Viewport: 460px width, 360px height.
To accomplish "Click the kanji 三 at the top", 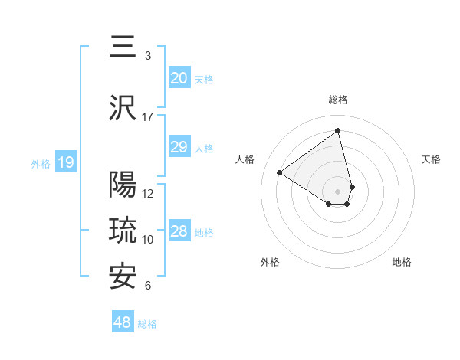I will click(123, 47).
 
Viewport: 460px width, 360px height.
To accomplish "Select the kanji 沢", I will click(123, 108).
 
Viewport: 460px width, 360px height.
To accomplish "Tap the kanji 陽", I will click(123, 185).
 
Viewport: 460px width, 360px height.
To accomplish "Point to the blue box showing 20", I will click(179, 78).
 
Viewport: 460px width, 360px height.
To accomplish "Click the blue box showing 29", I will click(179, 147).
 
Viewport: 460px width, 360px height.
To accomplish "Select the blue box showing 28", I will click(179, 231).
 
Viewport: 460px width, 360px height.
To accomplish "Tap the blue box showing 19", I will click(65, 162).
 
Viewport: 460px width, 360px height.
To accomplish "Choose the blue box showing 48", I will click(123, 322).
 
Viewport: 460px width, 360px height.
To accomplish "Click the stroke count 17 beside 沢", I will click(148, 117).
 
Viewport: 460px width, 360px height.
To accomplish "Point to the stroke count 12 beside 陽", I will click(148, 194).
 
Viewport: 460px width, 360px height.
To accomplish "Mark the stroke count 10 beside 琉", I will click(148, 240).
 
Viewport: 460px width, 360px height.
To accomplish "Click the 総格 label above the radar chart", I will click(338, 100).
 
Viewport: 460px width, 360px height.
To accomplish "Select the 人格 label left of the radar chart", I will click(245, 159).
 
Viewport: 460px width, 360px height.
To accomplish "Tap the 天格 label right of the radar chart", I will click(432, 159).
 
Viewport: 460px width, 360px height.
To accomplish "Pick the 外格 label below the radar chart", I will click(270, 262).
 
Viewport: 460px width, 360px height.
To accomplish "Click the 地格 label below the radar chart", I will click(402, 262).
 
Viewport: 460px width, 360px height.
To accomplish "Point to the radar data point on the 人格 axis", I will click(280, 172).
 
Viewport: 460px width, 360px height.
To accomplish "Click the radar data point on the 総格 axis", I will click(338, 130).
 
